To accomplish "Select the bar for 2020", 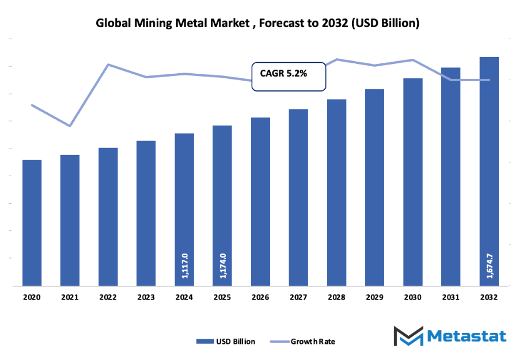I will [x=32, y=222].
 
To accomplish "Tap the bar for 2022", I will [x=108, y=217].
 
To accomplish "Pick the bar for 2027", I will [x=298, y=197].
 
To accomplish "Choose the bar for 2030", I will [x=412, y=181].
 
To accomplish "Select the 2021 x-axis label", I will [x=70, y=297].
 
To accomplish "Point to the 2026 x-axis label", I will [x=260, y=297].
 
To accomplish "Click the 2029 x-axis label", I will [x=374, y=297].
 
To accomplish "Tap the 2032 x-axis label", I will [x=489, y=297].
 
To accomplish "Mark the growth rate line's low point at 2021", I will [x=70, y=126].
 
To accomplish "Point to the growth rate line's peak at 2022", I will [x=108, y=65].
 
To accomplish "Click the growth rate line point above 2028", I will [x=337, y=59].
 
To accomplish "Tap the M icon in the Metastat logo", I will [x=408, y=336].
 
